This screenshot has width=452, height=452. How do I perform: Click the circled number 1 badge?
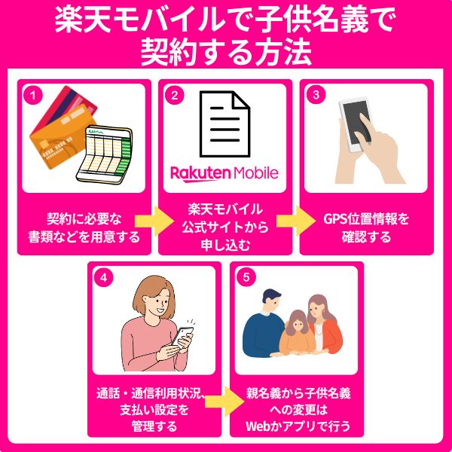(33, 95)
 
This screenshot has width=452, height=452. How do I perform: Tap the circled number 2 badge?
(175, 95)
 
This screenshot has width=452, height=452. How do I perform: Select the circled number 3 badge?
(316, 95)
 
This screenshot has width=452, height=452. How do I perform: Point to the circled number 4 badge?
(103, 277)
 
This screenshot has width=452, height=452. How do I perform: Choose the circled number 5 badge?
(246, 277)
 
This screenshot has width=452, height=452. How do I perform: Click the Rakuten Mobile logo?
(224, 173)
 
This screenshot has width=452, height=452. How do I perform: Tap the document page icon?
(224, 124)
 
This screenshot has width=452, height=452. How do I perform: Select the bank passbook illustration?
(105, 154)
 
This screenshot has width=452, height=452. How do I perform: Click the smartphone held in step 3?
(355, 124)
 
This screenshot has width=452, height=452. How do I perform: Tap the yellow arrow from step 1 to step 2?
(154, 221)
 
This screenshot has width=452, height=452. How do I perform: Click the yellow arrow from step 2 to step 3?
(296, 221)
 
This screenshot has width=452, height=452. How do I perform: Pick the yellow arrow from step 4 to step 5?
(224, 402)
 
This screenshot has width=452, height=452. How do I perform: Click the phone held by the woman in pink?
(182, 337)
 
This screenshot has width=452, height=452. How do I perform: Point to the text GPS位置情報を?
(366, 219)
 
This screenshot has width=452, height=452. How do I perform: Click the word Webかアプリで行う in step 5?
(298, 426)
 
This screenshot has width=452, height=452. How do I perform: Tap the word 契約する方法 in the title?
(226, 53)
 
